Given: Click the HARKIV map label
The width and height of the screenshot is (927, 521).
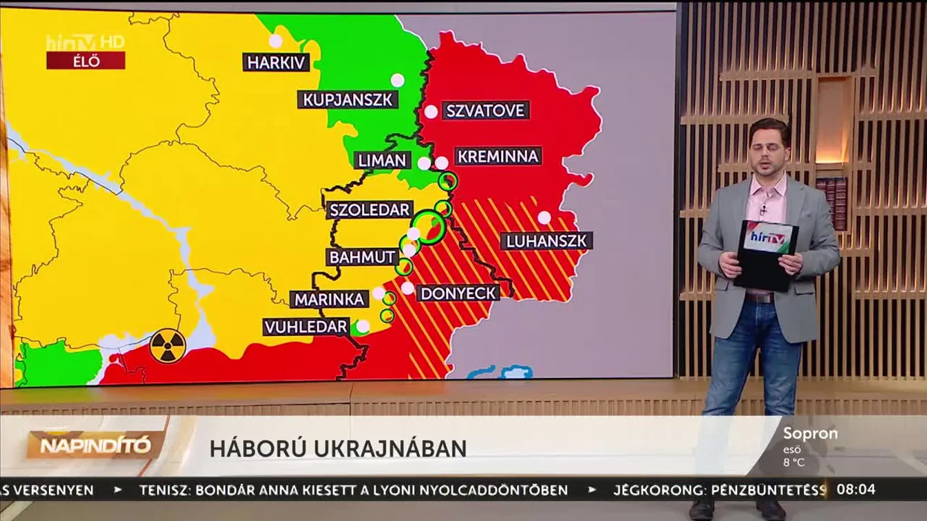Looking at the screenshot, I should click(x=276, y=63).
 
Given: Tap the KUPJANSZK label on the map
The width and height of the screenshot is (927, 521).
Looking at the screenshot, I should click(x=348, y=100).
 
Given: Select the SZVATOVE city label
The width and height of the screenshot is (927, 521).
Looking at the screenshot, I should click(x=485, y=111).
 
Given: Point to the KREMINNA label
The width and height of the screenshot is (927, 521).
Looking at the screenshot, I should click(x=498, y=156).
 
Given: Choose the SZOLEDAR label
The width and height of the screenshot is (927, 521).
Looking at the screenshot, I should click(x=370, y=210).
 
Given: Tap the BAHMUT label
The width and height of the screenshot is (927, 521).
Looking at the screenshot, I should click(x=363, y=258).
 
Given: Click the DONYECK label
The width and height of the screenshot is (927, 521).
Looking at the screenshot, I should click(x=458, y=293).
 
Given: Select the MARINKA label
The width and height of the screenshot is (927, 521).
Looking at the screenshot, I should click(x=330, y=300).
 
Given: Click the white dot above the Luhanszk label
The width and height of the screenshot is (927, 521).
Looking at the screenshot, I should click(x=544, y=217).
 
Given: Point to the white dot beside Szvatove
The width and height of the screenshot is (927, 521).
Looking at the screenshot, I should click(x=431, y=111).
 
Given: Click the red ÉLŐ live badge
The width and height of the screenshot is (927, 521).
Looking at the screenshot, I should click(x=85, y=60).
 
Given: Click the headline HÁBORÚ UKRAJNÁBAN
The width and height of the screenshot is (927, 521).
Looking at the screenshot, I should click(x=338, y=448).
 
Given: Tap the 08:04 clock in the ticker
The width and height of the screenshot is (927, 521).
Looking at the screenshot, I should click(x=855, y=490).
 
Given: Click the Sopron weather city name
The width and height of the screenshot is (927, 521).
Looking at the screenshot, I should click(x=810, y=434).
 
